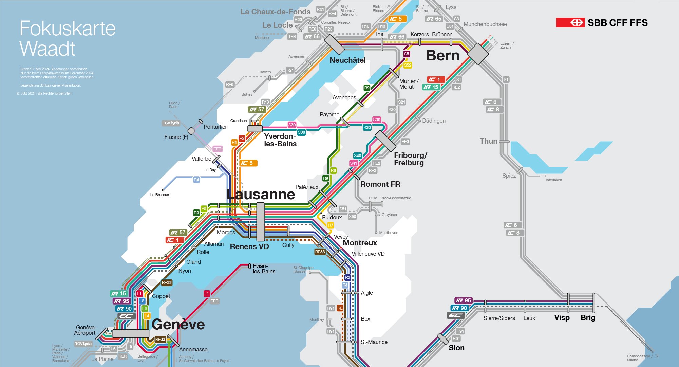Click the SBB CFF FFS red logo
pos(570,23)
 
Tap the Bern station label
pos(442,55)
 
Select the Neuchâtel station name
pos(347,60)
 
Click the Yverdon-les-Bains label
pos(280,140)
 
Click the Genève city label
pos(178,325)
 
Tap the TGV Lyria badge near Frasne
pos(171,123)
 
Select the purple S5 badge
pos(407,54)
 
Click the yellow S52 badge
pos(408,65)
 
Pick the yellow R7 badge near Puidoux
pos(331,225)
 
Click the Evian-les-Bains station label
pos(264,269)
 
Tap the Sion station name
pos(456,348)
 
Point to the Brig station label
pos(588,318)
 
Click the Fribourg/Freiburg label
pos(410,159)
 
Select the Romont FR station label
pos(380,184)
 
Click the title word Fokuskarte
pos(68,28)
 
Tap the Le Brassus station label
pos(159,195)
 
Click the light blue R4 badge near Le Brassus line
pos(196,180)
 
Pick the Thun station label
pos(488,141)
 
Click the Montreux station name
pos(360,243)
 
